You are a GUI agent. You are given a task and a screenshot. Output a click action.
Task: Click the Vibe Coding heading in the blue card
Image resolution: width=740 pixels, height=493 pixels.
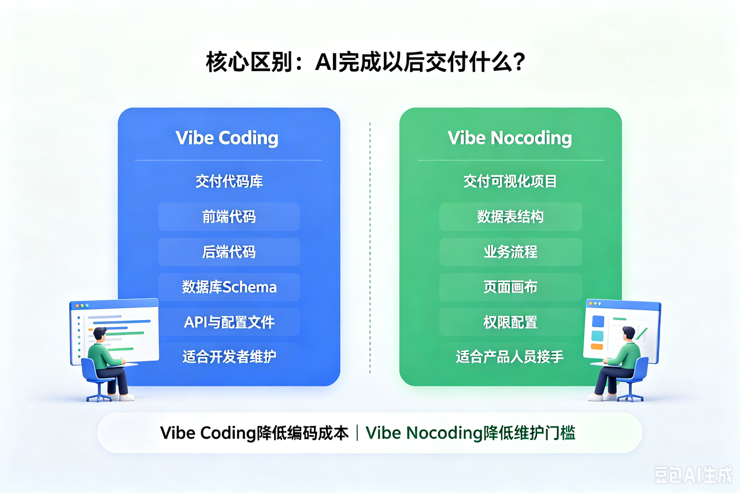click(227, 138)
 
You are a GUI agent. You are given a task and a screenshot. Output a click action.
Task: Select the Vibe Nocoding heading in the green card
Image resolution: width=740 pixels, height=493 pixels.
click(510, 138)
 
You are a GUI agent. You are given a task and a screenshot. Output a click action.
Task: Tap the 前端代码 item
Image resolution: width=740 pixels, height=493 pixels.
click(229, 217)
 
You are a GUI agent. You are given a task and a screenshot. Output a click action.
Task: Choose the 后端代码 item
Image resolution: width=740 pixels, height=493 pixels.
click(229, 252)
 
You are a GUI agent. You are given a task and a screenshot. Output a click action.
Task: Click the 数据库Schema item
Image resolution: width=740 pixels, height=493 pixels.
click(229, 287)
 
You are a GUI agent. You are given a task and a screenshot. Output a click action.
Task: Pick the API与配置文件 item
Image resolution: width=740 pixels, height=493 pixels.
click(229, 322)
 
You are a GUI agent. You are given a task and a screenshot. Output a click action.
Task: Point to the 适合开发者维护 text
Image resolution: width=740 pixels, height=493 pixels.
click(229, 357)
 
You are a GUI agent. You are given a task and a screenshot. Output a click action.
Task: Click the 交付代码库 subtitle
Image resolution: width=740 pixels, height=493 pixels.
click(229, 181)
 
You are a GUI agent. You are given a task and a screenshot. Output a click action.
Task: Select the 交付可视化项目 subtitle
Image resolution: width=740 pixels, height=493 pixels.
click(510, 181)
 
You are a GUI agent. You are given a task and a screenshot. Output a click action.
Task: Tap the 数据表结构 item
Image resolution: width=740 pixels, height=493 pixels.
click(510, 217)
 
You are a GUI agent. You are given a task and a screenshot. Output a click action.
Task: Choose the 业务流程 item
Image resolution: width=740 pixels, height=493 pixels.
click(510, 252)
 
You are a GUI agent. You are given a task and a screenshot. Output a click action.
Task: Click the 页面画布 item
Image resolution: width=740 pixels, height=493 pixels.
click(510, 287)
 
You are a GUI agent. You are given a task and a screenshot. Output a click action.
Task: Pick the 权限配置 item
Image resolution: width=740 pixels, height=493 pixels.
click(510, 322)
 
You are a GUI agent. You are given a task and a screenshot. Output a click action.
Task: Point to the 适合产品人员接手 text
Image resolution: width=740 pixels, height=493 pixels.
click(510, 357)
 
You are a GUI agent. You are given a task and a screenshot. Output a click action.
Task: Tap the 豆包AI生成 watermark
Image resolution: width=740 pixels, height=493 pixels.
click(692, 475)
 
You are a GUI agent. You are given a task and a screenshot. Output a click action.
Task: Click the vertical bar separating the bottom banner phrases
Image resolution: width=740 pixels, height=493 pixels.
click(357, 433)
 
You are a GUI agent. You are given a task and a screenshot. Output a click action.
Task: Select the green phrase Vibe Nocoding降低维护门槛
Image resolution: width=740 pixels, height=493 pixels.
click(471, 433)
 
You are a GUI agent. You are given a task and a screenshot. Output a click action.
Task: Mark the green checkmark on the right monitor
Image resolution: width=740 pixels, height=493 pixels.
click(641, 333)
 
